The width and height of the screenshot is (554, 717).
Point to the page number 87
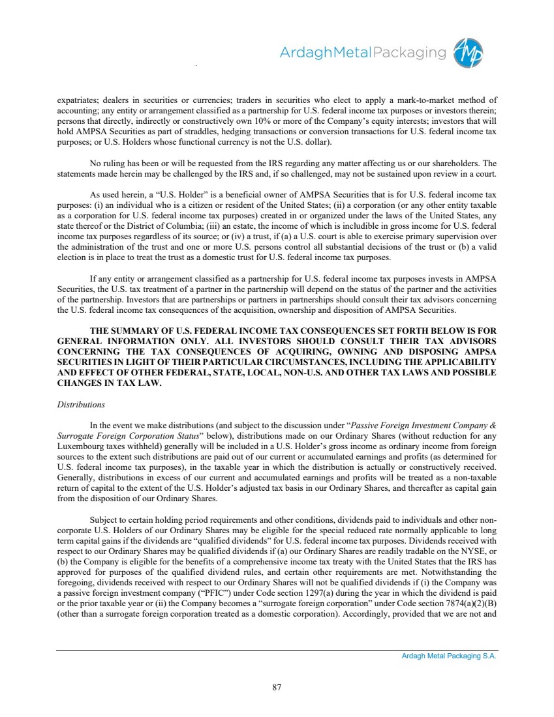coord(277,686)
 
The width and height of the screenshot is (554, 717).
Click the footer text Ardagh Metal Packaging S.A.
coord(449,656)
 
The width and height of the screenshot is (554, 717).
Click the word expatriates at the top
coord(78,100)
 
